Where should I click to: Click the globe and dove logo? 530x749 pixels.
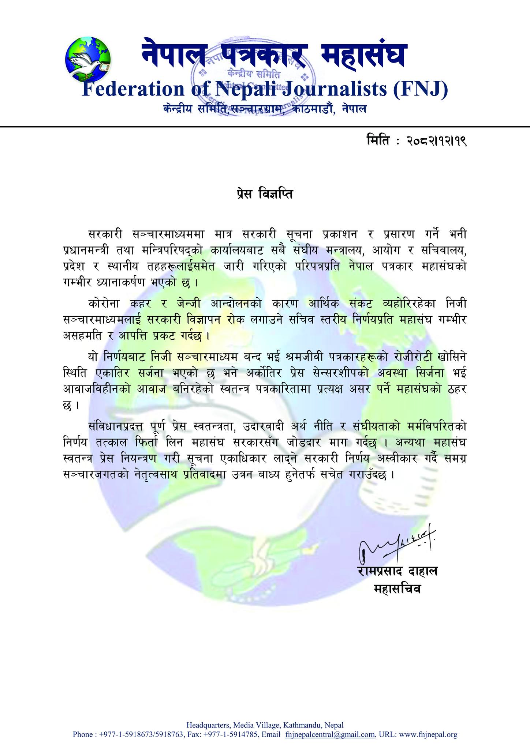click(x=88, y=59)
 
